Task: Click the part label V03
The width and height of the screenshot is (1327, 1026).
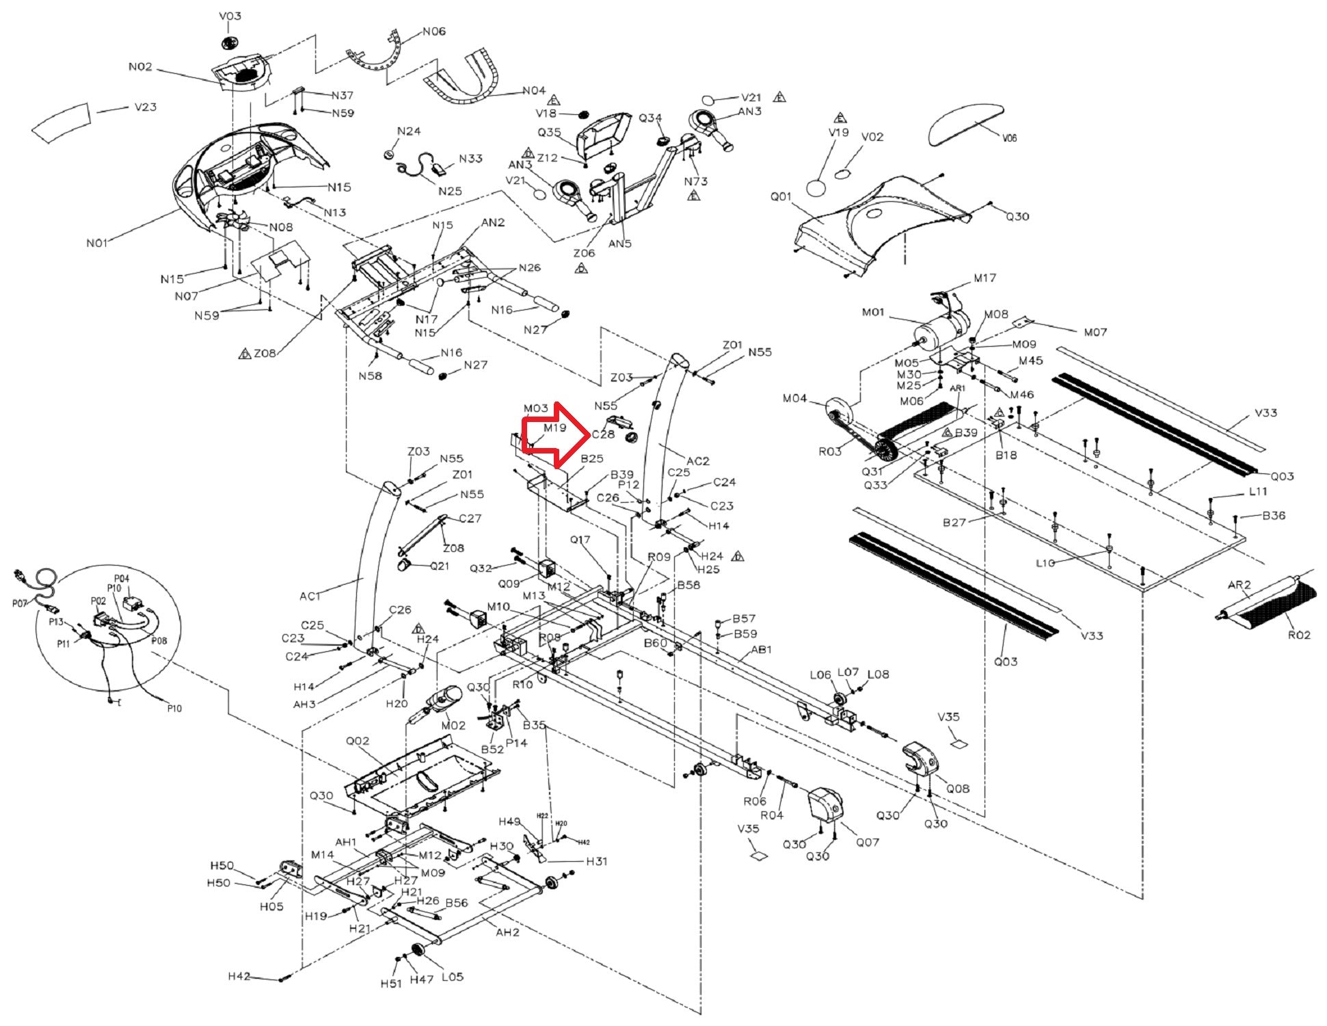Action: tap(230, 16)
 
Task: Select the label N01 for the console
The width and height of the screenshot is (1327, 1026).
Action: tap(97, 243)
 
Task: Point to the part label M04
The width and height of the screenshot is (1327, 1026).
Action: tap(794, 399)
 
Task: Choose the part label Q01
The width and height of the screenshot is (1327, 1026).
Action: tap(781, 197)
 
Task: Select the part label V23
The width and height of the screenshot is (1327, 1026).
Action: tap(145, 107)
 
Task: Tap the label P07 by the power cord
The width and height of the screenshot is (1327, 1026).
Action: tap(20, 603)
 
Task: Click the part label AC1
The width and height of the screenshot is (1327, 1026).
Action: tap(310, 596)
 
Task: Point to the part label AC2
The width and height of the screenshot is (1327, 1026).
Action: tap(698, 461)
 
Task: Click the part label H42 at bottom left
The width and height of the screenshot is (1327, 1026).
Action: tap(239, 976)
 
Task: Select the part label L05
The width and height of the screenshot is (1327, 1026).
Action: tap(453, 977)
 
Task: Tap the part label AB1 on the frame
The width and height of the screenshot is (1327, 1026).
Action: tap(762, 650)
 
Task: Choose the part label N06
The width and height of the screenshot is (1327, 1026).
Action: tap(434, 31)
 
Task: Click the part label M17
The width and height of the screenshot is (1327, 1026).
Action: tap(984, 278)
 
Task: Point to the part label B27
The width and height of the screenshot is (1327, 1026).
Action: tap(954, 523)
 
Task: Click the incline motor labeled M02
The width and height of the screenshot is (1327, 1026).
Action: tap(441, 701)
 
